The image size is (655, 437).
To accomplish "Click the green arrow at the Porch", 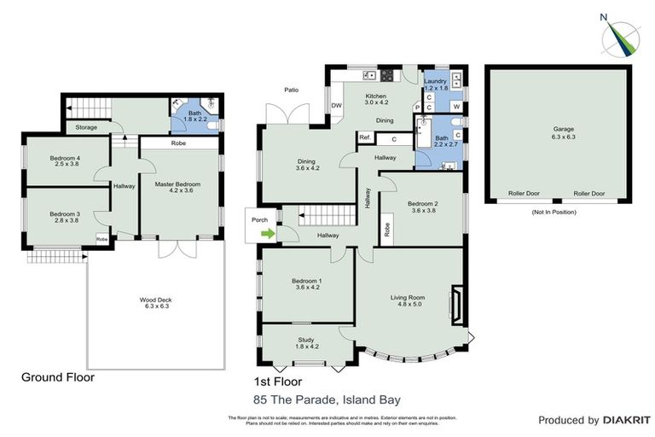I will (x=269, y=232).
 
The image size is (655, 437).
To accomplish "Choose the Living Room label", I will (x=408, y=300).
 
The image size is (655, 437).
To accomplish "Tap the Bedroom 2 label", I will (x=422, y=207).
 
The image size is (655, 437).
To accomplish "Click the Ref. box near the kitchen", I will (x=364, y=138).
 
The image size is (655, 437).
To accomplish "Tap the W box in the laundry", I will (x=456, y=107).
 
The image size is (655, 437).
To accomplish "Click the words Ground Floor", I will (x=57, y=376).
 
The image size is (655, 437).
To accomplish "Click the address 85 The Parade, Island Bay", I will (x=327, y=399).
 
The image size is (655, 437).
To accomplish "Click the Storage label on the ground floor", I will (x=86, y=128).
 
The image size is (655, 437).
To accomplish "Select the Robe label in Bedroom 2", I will (x=387, y=229).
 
